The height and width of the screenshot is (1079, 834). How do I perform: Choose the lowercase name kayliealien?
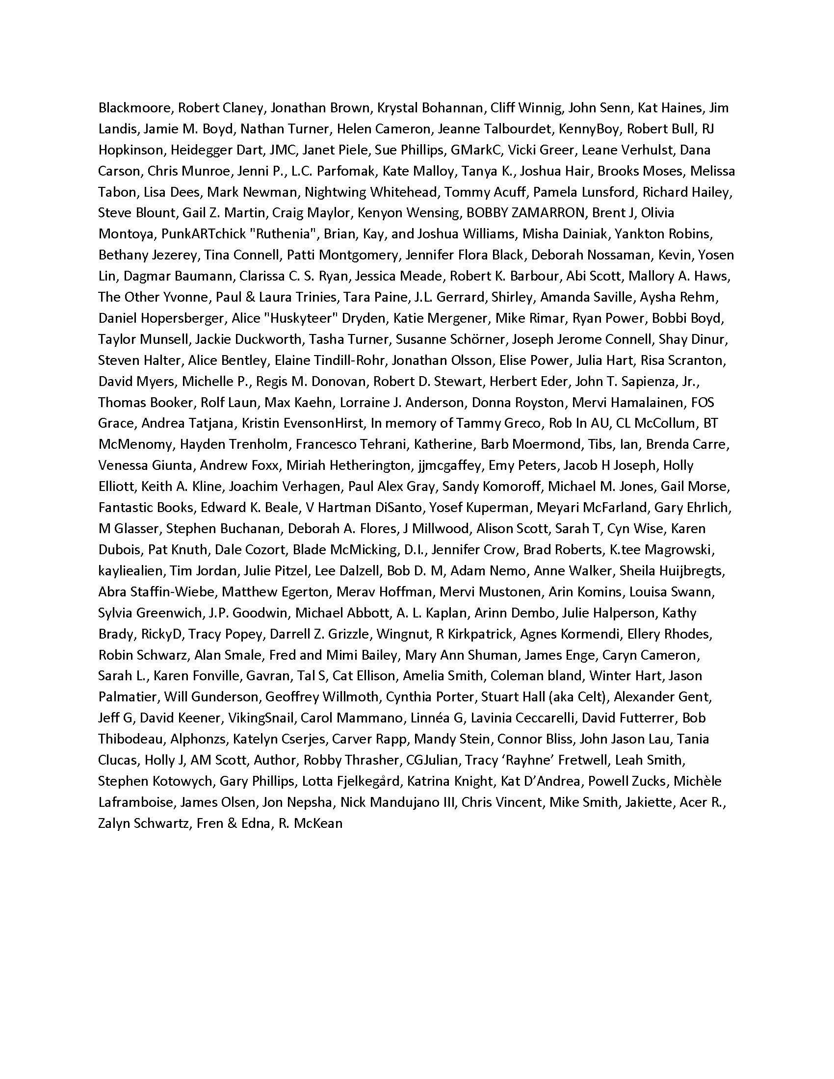tap(130, 570)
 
